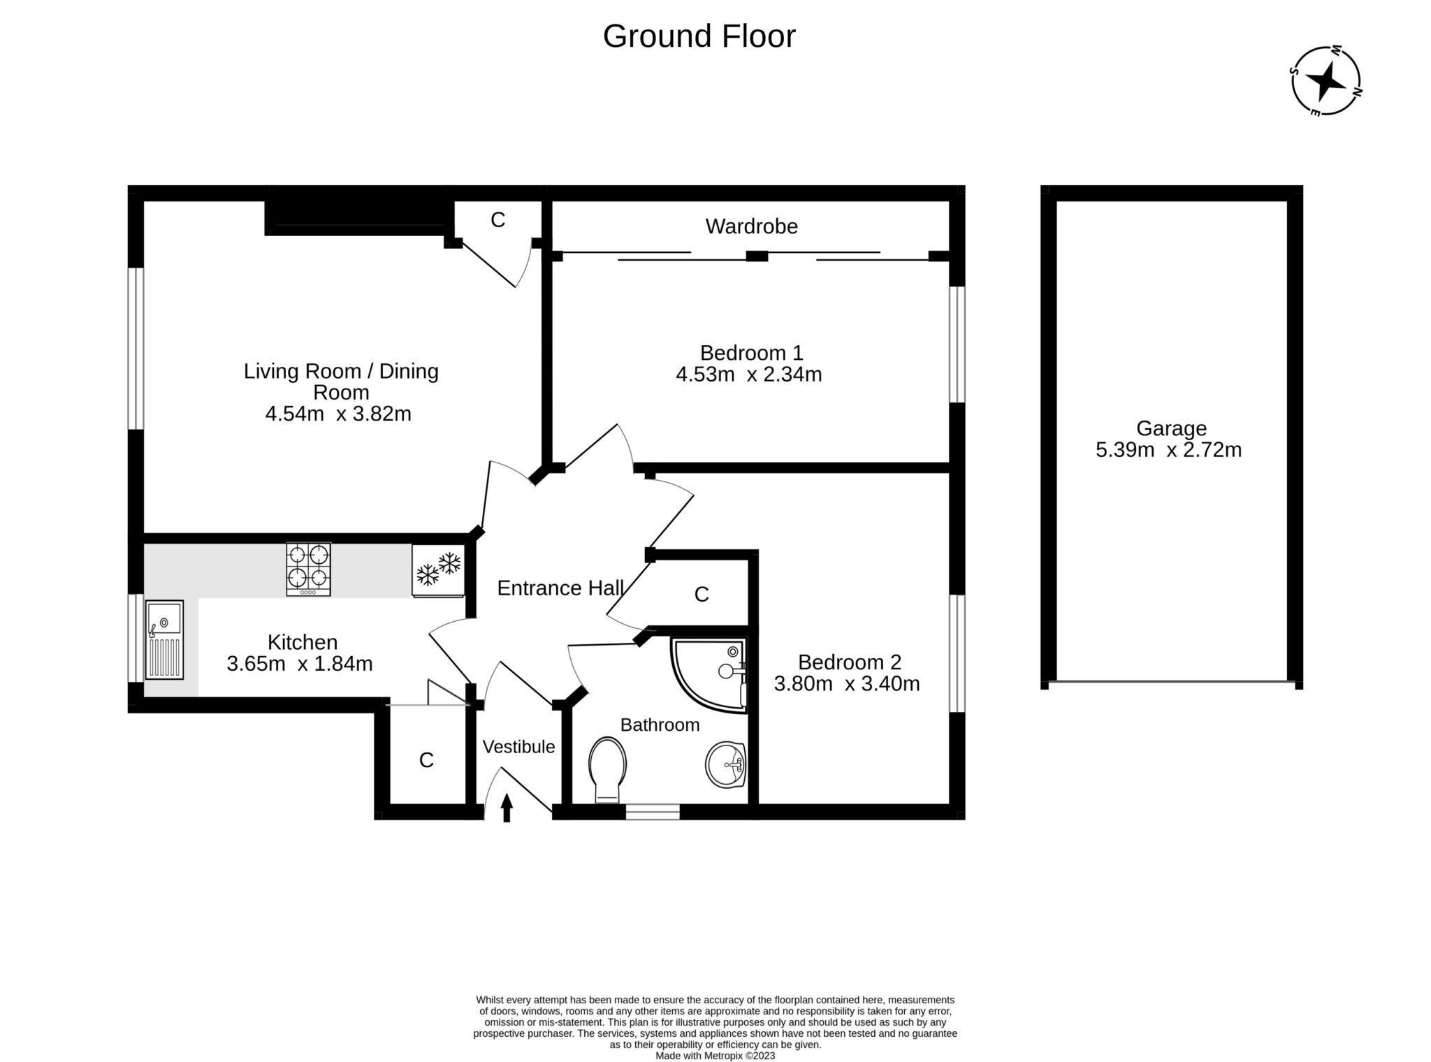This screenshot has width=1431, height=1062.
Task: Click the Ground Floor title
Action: pos(699,36)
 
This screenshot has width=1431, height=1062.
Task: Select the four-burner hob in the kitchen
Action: pos(308,569)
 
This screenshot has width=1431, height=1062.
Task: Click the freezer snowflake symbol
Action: pos(438,569)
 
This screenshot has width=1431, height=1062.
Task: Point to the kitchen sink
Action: pos(164,639)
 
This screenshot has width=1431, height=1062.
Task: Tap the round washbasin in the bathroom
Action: pos(726,764)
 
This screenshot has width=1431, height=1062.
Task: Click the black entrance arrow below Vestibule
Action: pos(507,808)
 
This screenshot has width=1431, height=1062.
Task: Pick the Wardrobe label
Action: pos(751,226)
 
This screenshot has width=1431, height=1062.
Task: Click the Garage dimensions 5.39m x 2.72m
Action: pos(1168,450)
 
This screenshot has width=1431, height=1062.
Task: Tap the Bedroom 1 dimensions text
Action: pos(748,375)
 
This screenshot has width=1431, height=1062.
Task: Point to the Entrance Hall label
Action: pos(560,588)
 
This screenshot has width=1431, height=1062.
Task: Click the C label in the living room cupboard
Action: pos(497,220)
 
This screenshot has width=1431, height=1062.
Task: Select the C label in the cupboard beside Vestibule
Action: pos(426,760)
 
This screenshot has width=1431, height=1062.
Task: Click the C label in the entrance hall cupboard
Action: pos(702,595)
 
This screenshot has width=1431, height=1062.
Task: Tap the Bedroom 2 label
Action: pos(849,662)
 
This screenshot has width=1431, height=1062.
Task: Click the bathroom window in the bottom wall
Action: pos(652,812)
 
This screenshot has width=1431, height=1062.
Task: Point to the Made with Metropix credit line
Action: pos(715,1056)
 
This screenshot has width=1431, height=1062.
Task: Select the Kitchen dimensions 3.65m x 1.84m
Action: pos(299,664)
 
